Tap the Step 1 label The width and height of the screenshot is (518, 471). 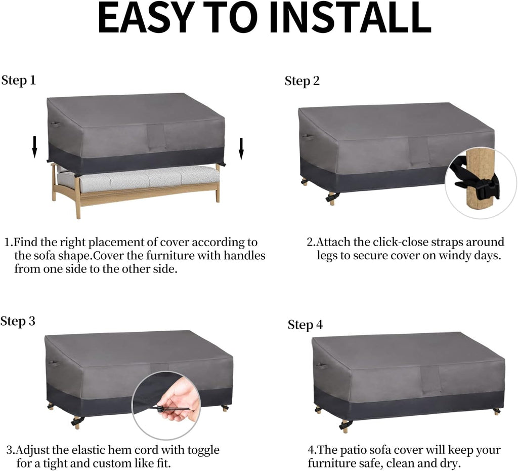click(x=19, y=80)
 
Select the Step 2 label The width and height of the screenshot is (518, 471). click(x=303, y=81)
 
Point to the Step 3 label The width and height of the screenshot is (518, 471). click(x=18, y=321)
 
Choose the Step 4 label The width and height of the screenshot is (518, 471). click(x=305, y=325)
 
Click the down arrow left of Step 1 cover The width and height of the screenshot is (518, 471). click(x=34, y=147)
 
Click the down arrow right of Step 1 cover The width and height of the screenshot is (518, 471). click(x=241, y=148)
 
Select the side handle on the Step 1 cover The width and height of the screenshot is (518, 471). click(x=55, y=125)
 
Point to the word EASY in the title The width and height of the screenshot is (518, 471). click(x=146, y=18)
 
